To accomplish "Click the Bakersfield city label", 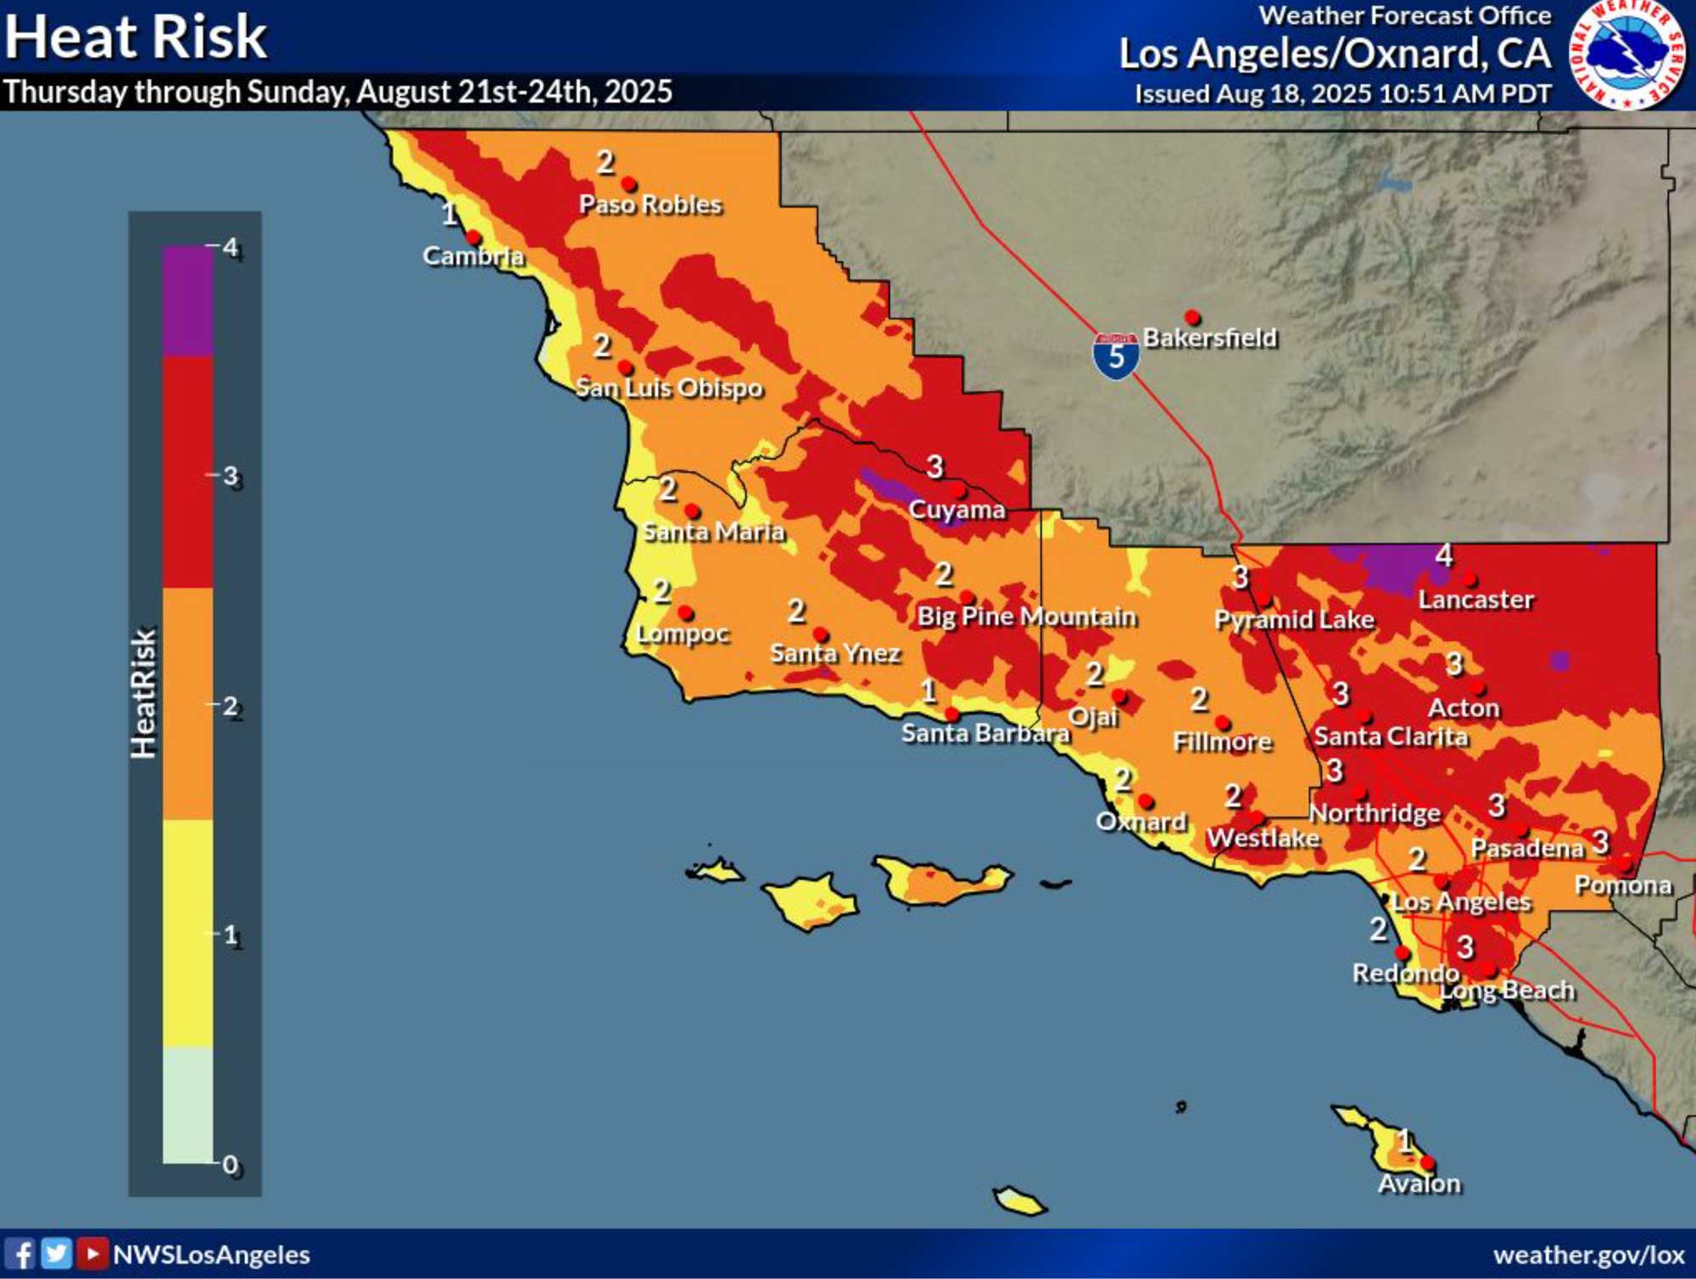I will (1210, 338).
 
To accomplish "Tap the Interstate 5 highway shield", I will (1115, 355).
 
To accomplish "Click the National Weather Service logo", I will (1627, 54).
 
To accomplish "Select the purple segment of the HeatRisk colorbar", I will (187, 300).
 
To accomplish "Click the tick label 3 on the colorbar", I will (231, 477).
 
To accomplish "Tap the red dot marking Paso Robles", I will (628, 183).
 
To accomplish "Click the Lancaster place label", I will (1476, 600).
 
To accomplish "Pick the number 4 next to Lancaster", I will (1443, 556).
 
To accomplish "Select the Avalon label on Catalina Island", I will (1419, 1183).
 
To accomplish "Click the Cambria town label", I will (473, 255).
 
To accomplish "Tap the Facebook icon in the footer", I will (21, 1254).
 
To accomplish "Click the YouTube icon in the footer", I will (92, 1254).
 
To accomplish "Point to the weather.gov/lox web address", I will (1588, 1254).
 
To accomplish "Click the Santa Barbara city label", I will (985, 733).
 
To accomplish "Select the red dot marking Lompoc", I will (685, 612).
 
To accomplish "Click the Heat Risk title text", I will (136, 36).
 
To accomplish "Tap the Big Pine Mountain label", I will (1026, 617).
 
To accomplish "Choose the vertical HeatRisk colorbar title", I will (143, 694).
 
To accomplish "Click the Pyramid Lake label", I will (1294, 620).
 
